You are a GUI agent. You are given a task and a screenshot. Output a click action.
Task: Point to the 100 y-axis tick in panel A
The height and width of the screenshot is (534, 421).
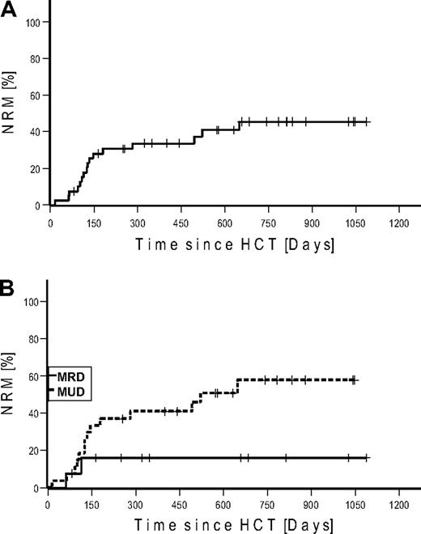coord(32,21)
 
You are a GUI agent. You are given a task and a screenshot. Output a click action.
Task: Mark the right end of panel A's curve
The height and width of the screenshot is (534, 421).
coord(368,122)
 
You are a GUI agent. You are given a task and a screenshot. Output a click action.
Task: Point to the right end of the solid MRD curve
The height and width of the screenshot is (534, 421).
coord(368,458)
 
